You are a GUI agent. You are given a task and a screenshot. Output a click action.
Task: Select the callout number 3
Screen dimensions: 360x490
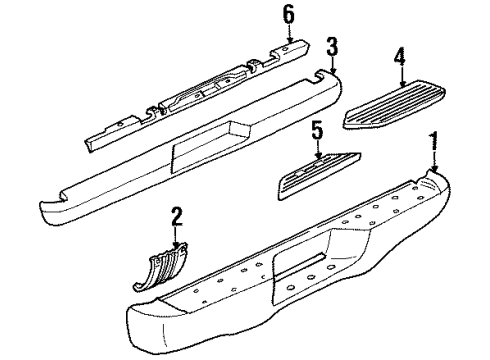coord(331,46)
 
